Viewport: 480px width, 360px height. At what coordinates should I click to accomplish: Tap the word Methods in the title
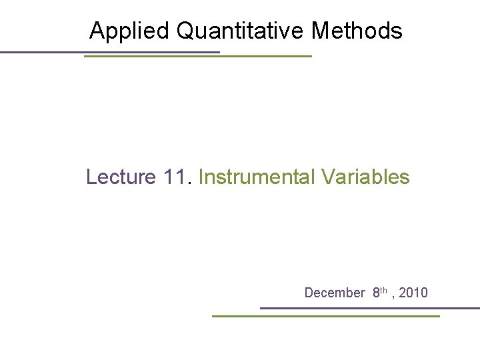pos(357,31)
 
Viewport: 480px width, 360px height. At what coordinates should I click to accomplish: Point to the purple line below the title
pos(110,52)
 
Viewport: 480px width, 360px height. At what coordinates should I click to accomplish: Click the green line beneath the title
pos(197,57)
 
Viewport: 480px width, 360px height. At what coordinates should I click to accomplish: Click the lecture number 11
pos(177,177)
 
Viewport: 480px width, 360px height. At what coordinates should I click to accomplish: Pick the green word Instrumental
pos(257,177)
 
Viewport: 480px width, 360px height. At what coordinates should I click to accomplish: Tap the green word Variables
pos(365,177)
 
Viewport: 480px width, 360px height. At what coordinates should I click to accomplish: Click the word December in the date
pos(335,293)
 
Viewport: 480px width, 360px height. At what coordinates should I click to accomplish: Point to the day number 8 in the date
pos(377,293)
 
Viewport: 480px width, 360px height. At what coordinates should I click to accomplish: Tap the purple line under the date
pos(369,308)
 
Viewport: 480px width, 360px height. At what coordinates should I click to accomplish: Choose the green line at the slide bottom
pos(325,316)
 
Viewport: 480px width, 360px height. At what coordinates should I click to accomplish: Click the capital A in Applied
pos(97,31)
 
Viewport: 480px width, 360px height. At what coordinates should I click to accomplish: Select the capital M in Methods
pos(322,31)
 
